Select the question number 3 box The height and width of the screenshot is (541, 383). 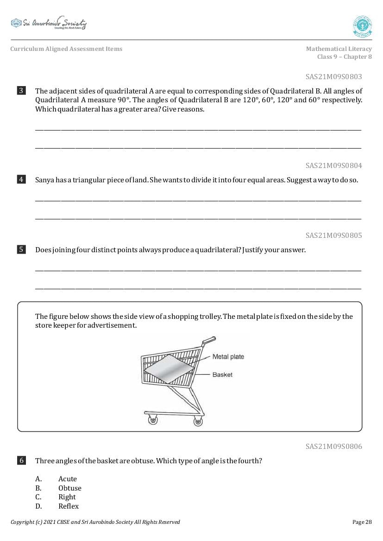(21, 91)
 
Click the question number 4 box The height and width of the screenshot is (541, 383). (21, 180)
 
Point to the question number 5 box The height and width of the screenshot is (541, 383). (21, 250)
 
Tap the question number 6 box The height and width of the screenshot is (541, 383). (21, 460)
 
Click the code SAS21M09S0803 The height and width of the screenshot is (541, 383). (333, 77)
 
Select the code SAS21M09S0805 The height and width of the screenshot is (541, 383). (333, 236)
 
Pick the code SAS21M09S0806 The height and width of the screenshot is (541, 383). (333, 447)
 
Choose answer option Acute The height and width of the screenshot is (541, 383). (68, 479)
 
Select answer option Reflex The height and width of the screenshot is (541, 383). (69, 506)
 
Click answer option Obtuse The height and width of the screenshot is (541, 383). (70, 488)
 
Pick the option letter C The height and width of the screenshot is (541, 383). (38, 497)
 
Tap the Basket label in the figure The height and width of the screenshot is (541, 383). (222, 374)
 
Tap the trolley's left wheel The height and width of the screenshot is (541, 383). (152, 420)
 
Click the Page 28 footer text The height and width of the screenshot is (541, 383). (362, 522)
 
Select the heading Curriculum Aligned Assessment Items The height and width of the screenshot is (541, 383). (66, 49)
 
